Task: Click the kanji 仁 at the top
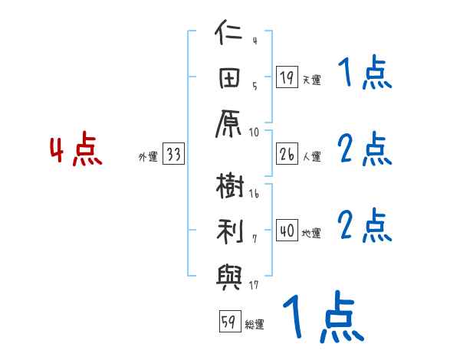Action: point(229,35)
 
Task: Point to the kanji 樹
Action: point(229,188)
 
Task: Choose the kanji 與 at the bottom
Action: point(229,273)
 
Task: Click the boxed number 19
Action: point(287,77)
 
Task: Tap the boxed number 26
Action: point(287,155)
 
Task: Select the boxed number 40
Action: point(287,231)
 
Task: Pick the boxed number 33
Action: point(173,155)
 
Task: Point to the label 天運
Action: point(311,80)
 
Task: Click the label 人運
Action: point(311,157)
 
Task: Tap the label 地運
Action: point(311,234)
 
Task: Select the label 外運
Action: point(148,157)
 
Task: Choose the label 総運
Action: point(255,324)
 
